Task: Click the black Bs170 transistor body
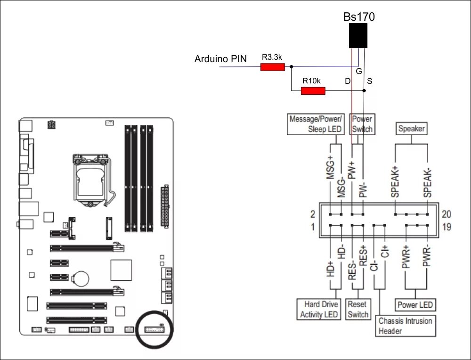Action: pyautogui.click(x=358, y=36)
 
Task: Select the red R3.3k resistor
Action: pyautogui.click(x=273, y=67)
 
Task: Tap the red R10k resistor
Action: pyautogui.click(x=313, y=90)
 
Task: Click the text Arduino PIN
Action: pyautogui.click(x=220, y=60)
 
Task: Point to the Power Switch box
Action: pyautogui.click(x=362, y=124)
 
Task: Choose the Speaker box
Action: pyautogui.click(x=411, y=129)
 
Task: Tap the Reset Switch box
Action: pyautogui.click(x=358, y=310)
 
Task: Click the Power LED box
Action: pyautogui.click(x=415, y=305)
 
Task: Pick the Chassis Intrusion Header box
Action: pyautogui.click(x=406, y=326)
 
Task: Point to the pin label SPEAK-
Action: pyautogui.click(x=427, y=183)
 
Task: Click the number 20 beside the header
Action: pyautogui.click(x=447, y=214)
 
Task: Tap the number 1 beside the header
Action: pyautogui.click(x=312, y=228)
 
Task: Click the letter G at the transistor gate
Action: pyautogui.click(x=359, y=72)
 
